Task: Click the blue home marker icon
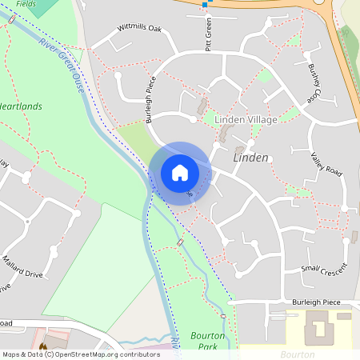coord(180,172)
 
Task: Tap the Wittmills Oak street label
coord(139,28)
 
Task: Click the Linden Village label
coord(246,119)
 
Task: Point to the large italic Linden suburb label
coord(250,158)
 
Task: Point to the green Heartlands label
coord(21,106)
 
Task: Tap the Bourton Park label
coord(207,341)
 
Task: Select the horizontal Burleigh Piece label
coord(317,302)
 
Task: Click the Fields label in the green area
coord(26,3)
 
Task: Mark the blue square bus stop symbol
coord(205,5)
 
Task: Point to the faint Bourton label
coord(298,354)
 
